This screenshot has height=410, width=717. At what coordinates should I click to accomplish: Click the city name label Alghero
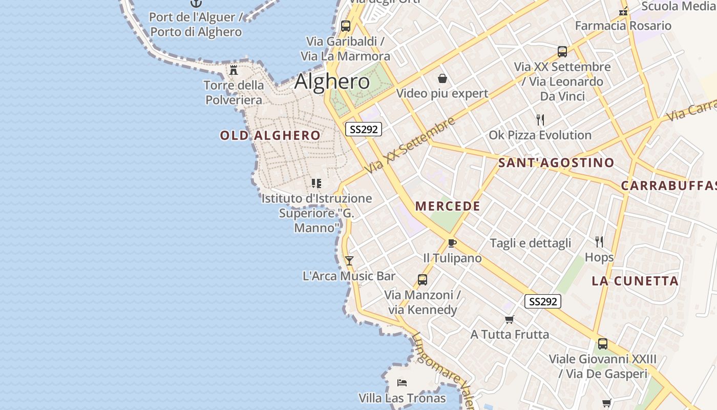pos(332,81)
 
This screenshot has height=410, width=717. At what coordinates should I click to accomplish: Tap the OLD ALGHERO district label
pos(270,135)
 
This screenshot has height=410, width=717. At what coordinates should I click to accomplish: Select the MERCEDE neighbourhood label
pos(448,206)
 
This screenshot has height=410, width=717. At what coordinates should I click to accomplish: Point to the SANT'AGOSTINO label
pos(556,163)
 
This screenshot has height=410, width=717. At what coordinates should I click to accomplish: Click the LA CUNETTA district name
pos(635,281)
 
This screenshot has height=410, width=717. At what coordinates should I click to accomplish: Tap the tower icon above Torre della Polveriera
pos(234,70)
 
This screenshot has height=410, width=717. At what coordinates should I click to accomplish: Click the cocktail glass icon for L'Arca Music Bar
pos(349,260)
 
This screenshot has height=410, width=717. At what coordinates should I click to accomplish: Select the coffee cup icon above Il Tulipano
pos(452,243)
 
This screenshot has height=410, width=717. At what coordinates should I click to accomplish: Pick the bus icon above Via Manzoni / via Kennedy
pos(422,279)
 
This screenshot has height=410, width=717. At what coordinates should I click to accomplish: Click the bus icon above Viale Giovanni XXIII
pos(603,344)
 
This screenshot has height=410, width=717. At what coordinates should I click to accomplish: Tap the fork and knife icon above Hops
pos(599,241)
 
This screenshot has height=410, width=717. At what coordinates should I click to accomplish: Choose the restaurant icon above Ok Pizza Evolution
pos(540,120)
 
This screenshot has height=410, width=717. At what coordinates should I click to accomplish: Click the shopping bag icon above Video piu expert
pos(442,78)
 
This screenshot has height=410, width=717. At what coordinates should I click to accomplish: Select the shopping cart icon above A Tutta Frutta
pos(509,319)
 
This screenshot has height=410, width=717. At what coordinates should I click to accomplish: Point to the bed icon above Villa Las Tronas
pos(402,382)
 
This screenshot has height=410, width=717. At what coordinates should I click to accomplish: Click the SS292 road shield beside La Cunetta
pos(542,301)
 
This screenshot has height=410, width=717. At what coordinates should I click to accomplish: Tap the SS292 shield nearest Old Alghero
pos(364,129)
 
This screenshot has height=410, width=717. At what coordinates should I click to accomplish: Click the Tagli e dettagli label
pos(530,243)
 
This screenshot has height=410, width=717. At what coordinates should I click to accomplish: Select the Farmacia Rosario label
pos(623,26)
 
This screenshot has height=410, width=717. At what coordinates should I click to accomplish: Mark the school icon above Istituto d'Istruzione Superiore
pos(317,183)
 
